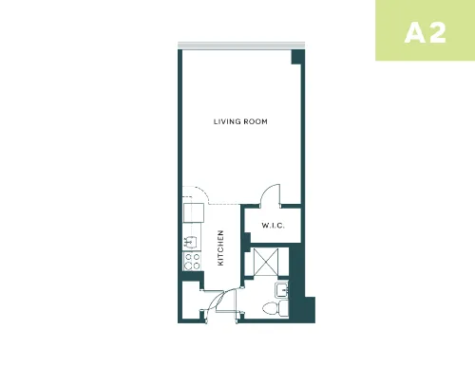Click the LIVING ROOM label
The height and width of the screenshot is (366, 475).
pos(240,121)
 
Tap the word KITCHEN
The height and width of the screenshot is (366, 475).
pos(220,247)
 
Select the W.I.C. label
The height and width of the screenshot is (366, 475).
pos(273,226)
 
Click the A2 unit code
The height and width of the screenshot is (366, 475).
pos(426,33)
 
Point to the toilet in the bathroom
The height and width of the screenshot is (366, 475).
pos(275,307)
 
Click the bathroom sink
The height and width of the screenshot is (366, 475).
pos(281,290)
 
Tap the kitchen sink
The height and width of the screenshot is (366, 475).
pos(191,242)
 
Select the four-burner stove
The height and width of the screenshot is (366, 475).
pos(192,261)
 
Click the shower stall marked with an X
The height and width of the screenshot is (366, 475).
pos(266,262)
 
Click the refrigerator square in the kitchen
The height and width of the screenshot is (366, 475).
pos(194,212)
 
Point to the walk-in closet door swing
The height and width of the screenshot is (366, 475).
pos(270,194)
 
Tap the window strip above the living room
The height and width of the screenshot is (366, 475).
pos(241,45)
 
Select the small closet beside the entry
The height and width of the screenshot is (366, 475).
pos(192,300)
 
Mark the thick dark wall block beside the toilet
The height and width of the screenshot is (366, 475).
pos(301,296)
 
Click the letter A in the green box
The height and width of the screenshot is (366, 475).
pos(413,33)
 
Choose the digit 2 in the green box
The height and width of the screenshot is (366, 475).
pos(438,33)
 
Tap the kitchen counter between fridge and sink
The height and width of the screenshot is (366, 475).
pos(192,229)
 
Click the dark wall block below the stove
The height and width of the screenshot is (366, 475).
pos(192,277)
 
